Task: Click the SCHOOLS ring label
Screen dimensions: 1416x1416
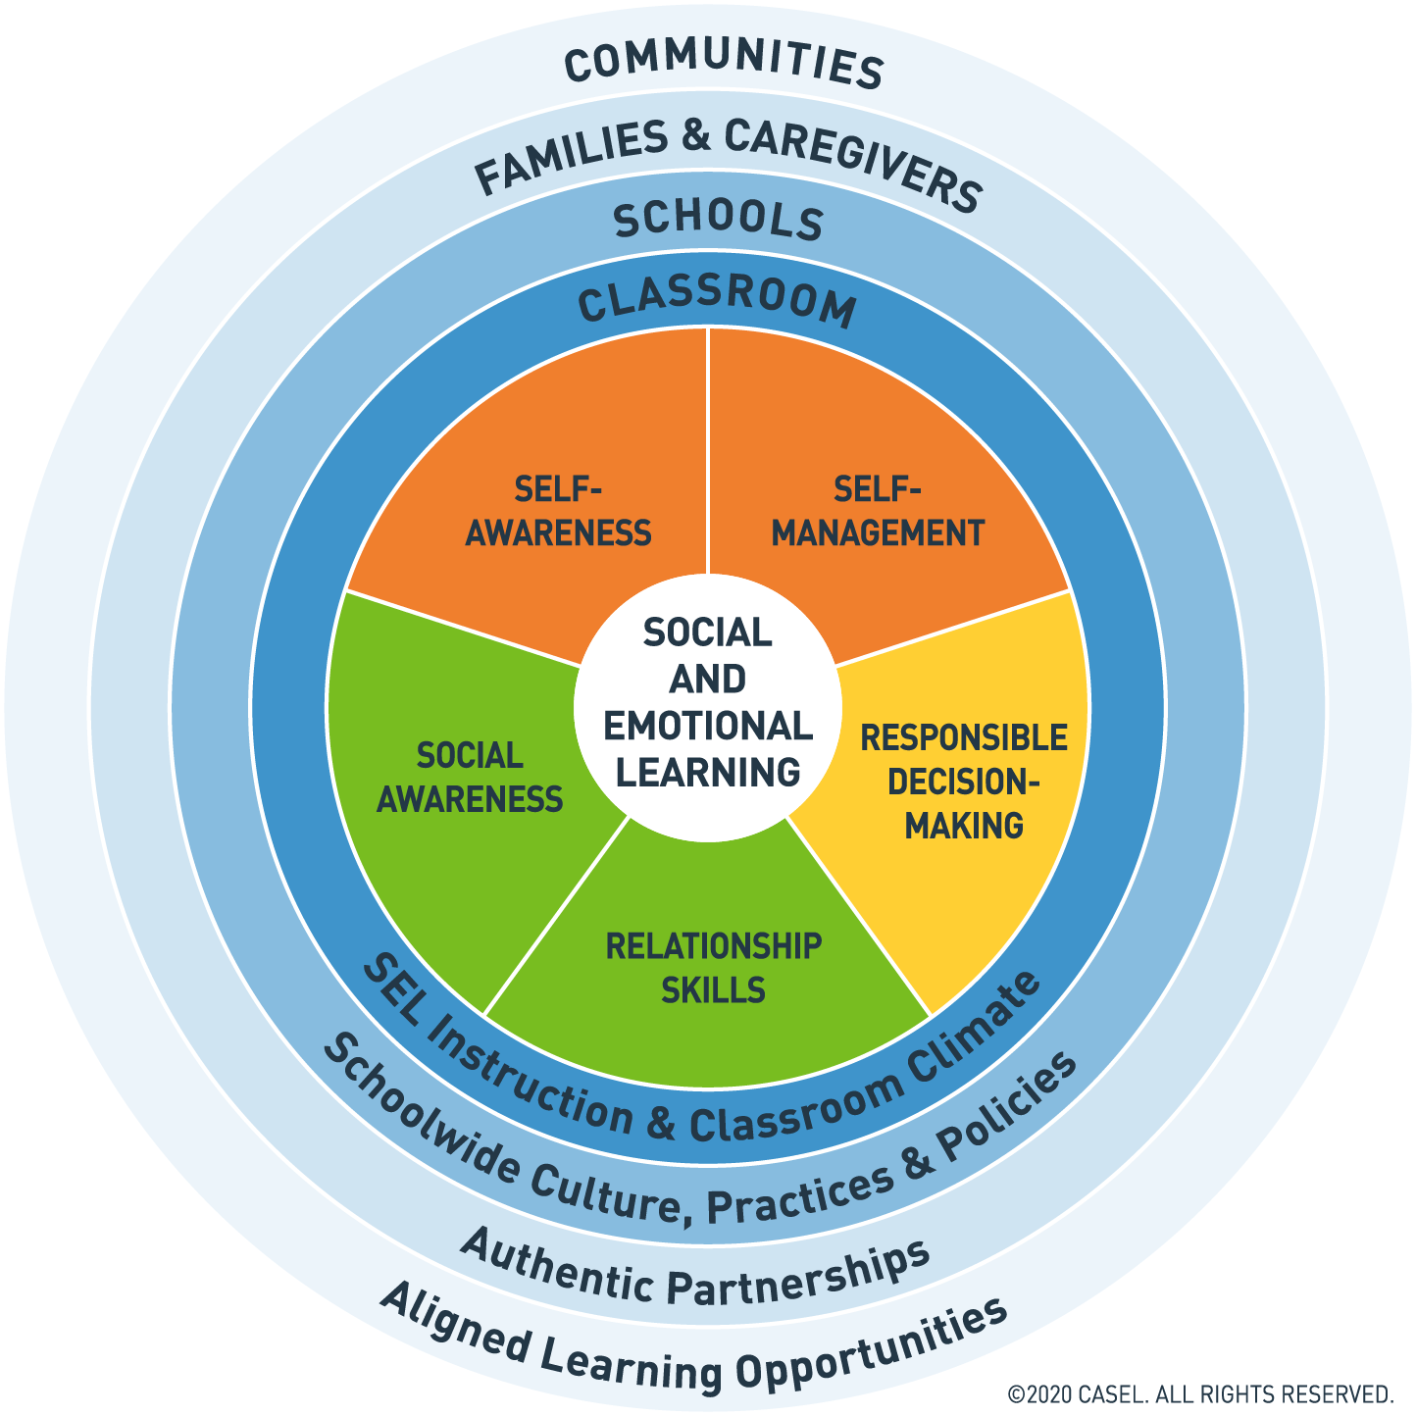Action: pyautogui.click(x=718, y=221)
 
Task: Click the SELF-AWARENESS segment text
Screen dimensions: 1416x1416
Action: pyautogui.click(x=558, y=511)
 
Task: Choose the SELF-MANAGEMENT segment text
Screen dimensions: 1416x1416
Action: pyautogui.click(x=878, y=511)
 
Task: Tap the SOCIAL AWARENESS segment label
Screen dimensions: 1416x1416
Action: pyautogui.click(x=470, y=778)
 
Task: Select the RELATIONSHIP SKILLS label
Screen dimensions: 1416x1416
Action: pyautogui.click(x=713, y=968)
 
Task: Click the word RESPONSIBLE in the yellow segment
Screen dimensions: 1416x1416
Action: pyautogui.click(x=964, y=737)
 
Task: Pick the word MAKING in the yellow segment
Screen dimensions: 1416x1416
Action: pyautogui.click(x=964, y=826)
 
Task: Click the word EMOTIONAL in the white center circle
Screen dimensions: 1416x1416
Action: pyautogui.click(x=708, y=727)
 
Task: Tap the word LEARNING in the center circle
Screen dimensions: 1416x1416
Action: pyautogui.click(x=708, y=773)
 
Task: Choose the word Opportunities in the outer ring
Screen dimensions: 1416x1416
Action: pyautogui.click(x=873, y=1348)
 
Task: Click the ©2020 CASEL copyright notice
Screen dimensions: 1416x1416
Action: pyautogui.click(x=1200, y=1394)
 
